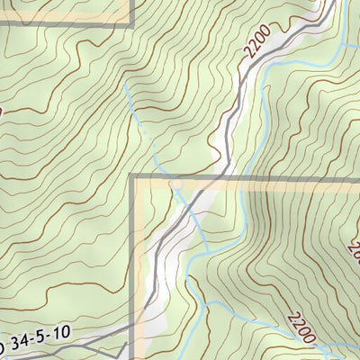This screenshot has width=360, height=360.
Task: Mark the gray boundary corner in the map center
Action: click(135, 178)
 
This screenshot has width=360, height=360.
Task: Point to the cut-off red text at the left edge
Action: click(2, 111)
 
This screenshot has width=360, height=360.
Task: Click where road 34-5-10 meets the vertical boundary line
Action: click(135, 329)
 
